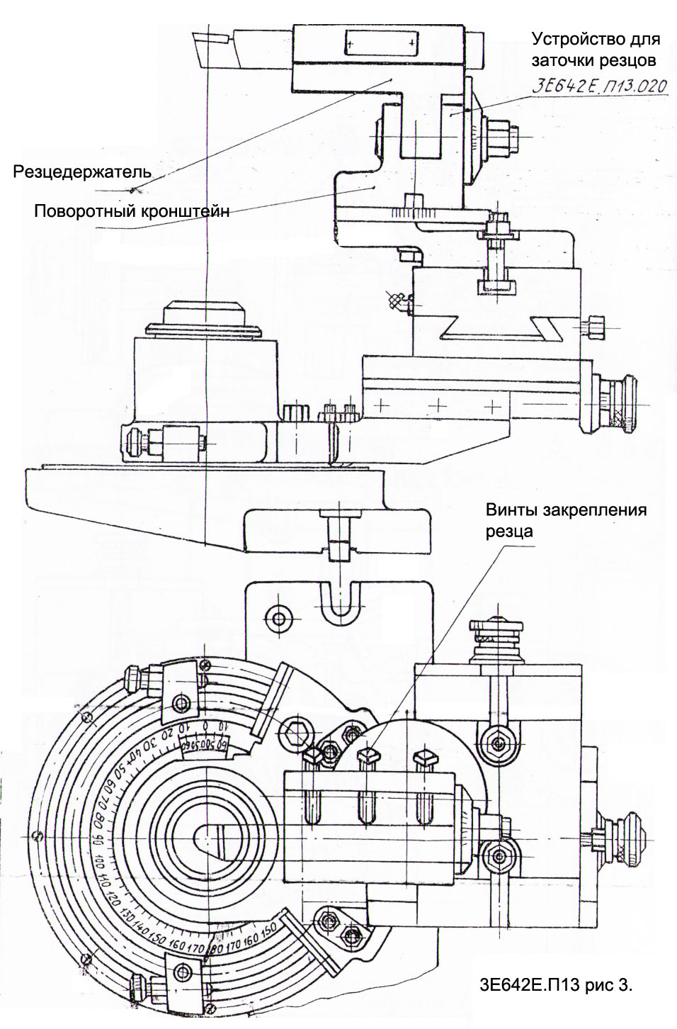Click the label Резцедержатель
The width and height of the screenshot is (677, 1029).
coord(84,171)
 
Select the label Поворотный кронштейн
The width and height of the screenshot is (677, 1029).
coord(132,211)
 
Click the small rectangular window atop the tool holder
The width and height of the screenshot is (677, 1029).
coord(379,42)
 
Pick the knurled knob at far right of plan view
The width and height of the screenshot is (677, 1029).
coord(627,840)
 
